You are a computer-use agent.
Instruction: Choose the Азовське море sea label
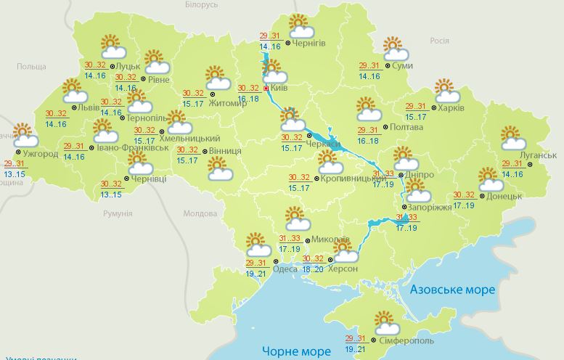pyautogui.click(x=452, y=290)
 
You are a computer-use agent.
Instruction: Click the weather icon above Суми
pyautogui.click(x=394, y=49)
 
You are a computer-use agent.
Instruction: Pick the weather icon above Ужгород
pyautogui.click(x=25, y=136)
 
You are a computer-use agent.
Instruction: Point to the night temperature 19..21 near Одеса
pyautogui.click(x=256, y=274)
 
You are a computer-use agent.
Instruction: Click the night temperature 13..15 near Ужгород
pyautogui.click(x=13, y=174)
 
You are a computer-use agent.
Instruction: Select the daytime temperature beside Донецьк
pyautogui.click(x=464, y=195)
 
